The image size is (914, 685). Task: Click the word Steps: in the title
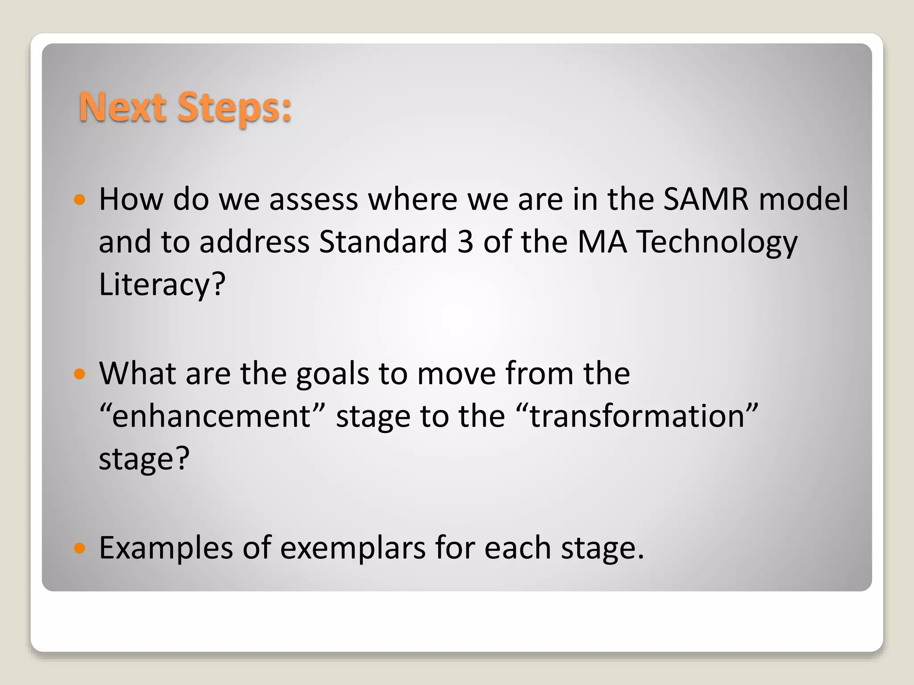pos(234,107)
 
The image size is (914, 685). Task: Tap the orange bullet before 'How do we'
pos(79,199)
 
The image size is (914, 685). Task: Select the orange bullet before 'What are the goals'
pos(79,374)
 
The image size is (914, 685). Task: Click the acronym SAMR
pos(706,199)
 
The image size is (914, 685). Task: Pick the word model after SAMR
pos(803,199)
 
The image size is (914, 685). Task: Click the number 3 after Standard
pos(465,242)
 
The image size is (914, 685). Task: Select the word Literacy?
pos(162,285)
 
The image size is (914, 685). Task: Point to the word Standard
pos(383,242)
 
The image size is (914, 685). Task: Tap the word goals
pos(332,374)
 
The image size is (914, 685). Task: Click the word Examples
pos(166,549)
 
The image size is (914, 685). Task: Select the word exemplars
pos(353,549)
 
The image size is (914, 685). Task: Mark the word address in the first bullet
pos(254,242)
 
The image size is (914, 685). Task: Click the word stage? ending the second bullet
pos(144,459)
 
